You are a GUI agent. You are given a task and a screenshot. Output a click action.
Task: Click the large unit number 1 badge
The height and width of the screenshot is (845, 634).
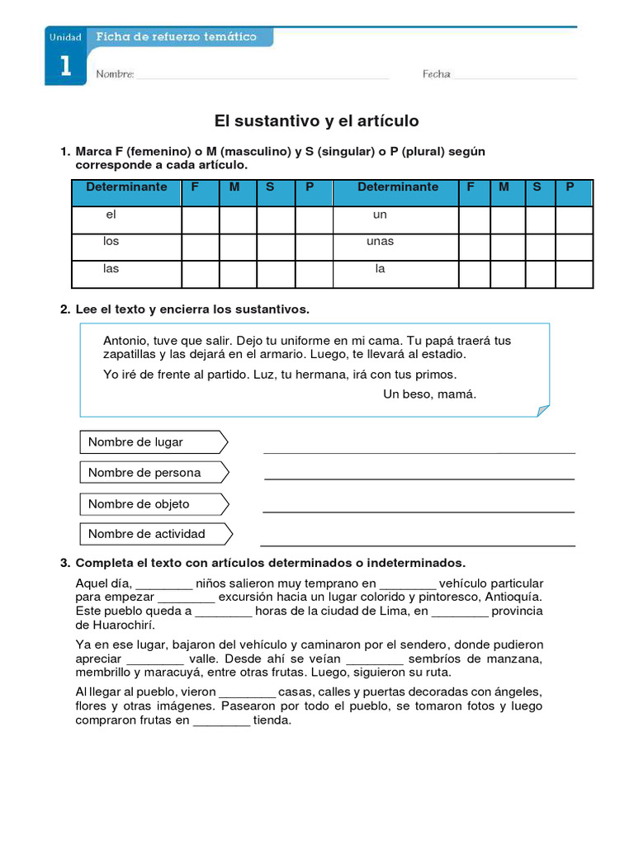[65, 67]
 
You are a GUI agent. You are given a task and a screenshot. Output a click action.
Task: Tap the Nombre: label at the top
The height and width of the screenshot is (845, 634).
[115, 74]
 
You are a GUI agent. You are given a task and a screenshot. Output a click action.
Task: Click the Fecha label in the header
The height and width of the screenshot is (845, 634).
[436, 74]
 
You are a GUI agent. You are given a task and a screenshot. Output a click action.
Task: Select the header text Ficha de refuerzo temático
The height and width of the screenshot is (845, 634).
[177, 37]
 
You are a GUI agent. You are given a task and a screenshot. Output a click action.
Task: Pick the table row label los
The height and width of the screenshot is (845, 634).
[111, 242]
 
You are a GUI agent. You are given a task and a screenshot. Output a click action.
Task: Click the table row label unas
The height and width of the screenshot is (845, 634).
[380, 242]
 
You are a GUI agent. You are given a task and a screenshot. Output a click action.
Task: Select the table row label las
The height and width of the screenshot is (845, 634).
[111, 269]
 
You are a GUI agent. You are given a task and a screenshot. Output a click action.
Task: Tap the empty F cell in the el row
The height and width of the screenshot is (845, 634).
[199, 220]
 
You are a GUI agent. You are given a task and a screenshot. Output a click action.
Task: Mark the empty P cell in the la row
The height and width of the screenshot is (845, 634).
[574, 274]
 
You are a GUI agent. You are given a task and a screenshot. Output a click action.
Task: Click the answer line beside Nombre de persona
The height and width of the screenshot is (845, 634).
[419, 478]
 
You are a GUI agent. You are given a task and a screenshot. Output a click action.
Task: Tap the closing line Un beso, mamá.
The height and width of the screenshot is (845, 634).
[429, 394]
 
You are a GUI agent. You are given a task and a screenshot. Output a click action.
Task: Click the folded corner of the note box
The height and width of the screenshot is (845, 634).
[542, 410]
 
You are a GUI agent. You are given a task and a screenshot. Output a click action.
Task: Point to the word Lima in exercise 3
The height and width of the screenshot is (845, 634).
[394, 611]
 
